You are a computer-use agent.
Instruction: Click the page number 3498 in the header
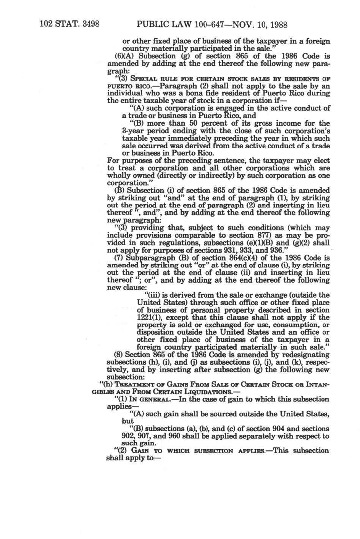click(88, 25)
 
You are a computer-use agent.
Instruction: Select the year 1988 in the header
click(276, 25)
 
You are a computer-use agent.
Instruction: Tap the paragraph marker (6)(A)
click(123, 56)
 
